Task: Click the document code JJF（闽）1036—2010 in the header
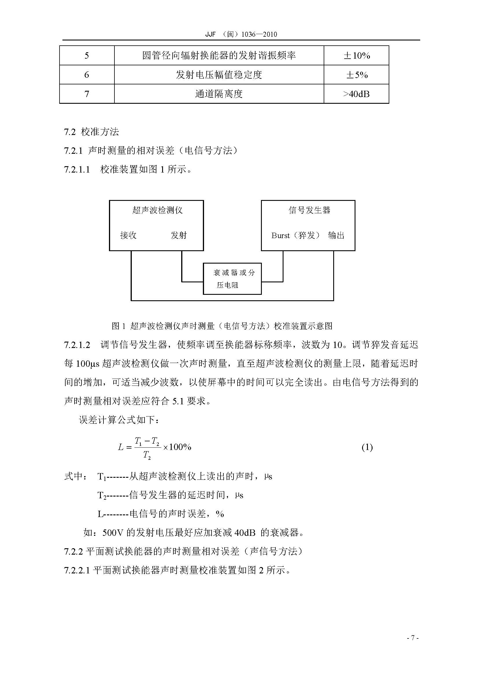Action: [241, 34]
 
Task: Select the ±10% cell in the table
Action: [356, 55]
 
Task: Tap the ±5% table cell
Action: [356, 75]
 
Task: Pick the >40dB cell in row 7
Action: [356, 94]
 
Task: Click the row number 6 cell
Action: [86, 75]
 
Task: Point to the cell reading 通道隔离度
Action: [219, 94]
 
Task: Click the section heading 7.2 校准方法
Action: [92, 132]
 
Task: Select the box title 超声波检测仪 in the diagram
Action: [158, 210]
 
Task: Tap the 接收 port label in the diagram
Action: [128, 235]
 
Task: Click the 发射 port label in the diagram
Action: [179, 235]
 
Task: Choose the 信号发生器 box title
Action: [309, 210]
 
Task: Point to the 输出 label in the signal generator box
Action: [336, 236]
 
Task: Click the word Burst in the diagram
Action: [281, 236]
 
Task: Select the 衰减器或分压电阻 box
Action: [232, 279]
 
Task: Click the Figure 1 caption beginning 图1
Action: [222, 326]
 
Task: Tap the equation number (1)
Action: [367, 447]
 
